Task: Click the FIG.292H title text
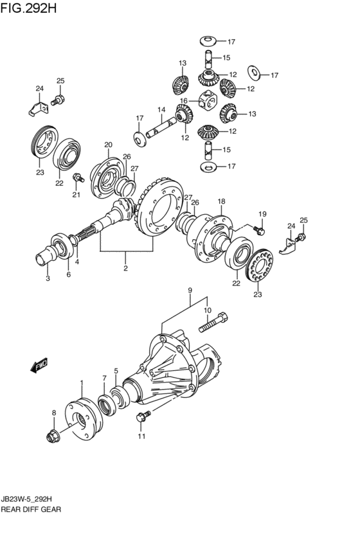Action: click(28, 8)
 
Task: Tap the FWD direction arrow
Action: click(39, 365)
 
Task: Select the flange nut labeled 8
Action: click(53, 436)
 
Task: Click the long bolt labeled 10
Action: click(213, 322)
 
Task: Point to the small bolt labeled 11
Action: click(143, 416)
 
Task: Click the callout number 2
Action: click(125, 268)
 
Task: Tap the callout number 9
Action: click(190, 291)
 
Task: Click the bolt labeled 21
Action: click(78, 178)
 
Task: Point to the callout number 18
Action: click(222, 201)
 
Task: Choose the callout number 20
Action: click(108, 145)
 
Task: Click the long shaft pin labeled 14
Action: click(161, 127)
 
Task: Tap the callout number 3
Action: click(48, 278)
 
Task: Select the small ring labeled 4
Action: click(74, 240)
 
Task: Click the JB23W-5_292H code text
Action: click(28, 499)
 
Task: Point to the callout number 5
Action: click(116, 370)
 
